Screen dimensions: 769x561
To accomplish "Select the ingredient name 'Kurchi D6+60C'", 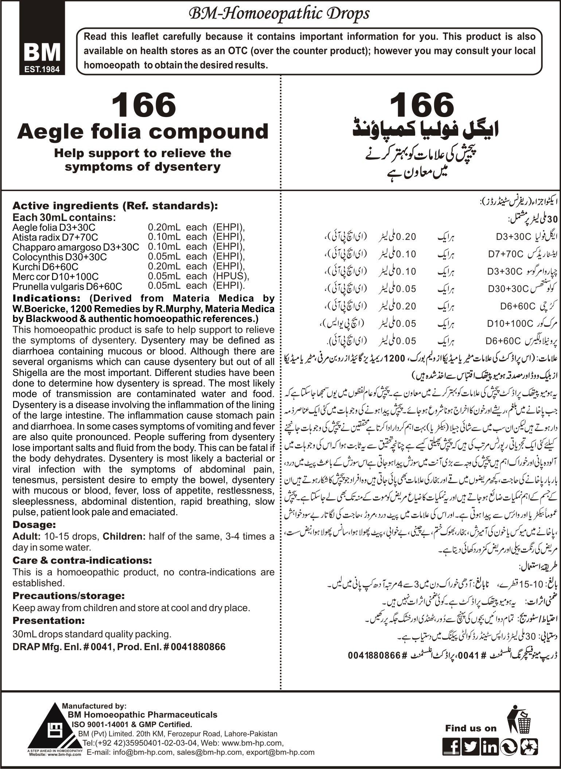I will click(x=45, y=267).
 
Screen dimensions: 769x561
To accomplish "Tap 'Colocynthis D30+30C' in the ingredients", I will click(x=60, y=257).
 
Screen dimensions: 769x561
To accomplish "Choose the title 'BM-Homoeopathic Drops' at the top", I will click(x=278, y=14).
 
